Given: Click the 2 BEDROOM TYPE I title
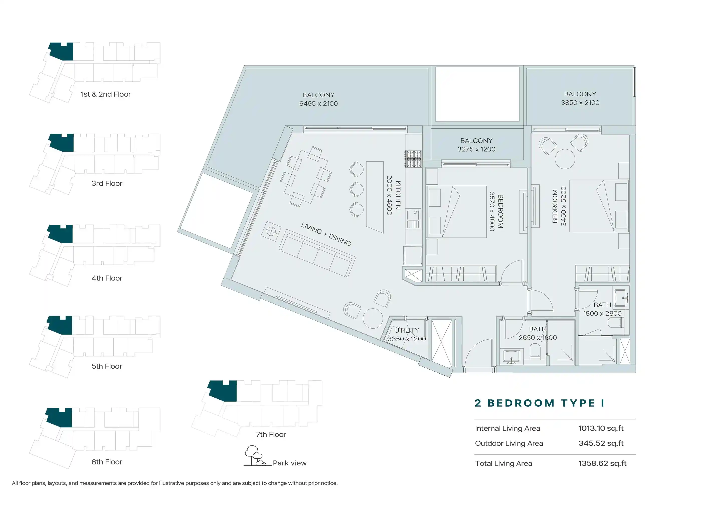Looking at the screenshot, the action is (x=539, y=403).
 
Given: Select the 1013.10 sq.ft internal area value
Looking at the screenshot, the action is (x=601, y=428).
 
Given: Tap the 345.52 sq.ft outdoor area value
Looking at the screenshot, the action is (x=601, y=443).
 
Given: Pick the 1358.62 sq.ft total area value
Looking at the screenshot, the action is (x=602, y=463).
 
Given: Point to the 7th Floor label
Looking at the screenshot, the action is (x=271, y=435).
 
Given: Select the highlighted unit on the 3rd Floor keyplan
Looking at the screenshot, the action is (x=62, y=143).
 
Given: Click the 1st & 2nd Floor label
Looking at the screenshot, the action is (x=106, y=94).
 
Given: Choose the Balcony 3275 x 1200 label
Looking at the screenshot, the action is (x=476, y=145).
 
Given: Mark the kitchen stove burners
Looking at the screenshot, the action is (x=414, y=159).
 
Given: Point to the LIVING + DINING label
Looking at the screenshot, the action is (x=326, y=234).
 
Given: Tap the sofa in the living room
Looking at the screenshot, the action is (x=317, y=253).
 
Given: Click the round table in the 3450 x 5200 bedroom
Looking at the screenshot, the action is (x=565, y=159).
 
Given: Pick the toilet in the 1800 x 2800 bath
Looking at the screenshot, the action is (x=616, y=323).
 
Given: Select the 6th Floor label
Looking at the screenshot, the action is (x=107, y=462).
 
